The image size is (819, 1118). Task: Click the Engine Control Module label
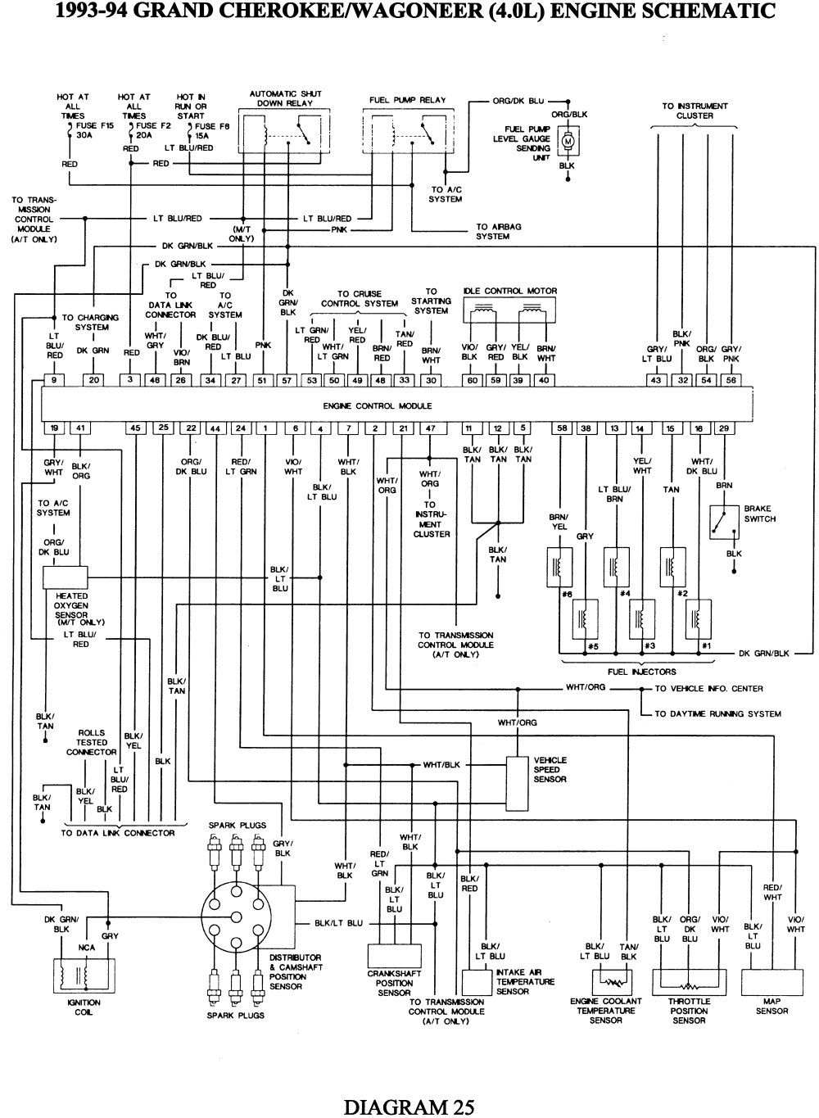tap(377, 405)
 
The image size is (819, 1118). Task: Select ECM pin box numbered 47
tap(431, 428)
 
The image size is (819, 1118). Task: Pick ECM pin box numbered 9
tap(53, 380)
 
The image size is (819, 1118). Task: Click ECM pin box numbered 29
tap(724, 428)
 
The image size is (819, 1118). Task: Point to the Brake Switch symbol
tap(724, 522)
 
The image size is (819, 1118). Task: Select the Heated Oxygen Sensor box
tap(65, 577)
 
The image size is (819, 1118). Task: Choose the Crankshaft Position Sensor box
tap(393, 956)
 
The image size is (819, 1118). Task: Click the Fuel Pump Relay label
tap(407, 100)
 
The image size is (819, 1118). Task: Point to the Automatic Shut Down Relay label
tap(285, 98)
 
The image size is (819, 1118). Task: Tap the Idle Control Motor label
tap(509, 291)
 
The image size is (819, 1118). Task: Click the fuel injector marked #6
tap(559, 568)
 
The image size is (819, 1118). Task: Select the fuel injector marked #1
tap(699, 618)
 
